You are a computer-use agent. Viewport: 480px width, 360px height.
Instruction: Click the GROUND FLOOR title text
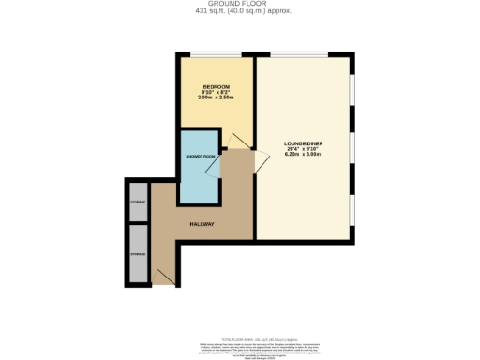tap(238, 5)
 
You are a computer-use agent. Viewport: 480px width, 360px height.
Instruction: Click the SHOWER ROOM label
tap(197, 157)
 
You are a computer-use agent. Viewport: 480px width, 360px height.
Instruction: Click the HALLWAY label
tap(202, 225)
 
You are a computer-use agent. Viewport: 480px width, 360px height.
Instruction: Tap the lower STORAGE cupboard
tap(138, 253)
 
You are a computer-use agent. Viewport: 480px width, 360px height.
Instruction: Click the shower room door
tap(216, 166)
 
